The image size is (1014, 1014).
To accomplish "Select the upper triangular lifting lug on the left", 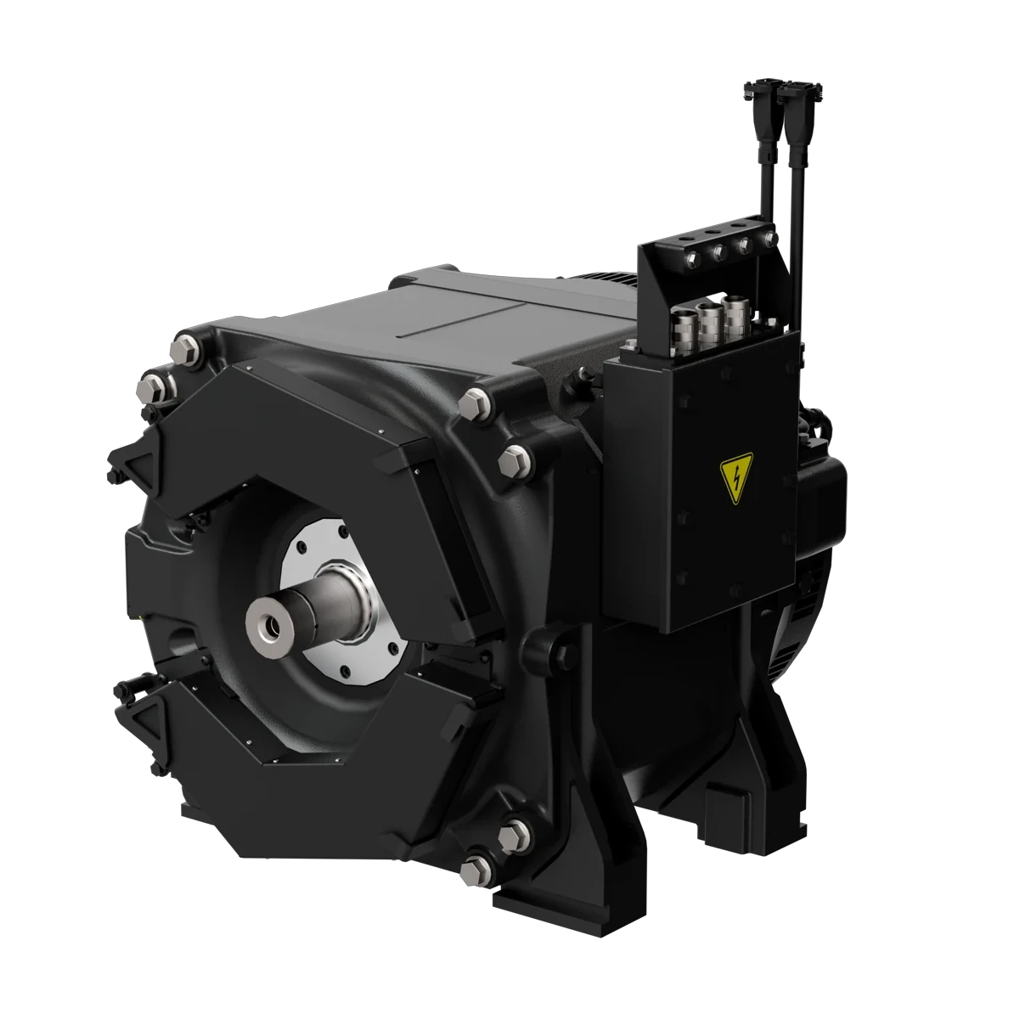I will click(131, 463).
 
